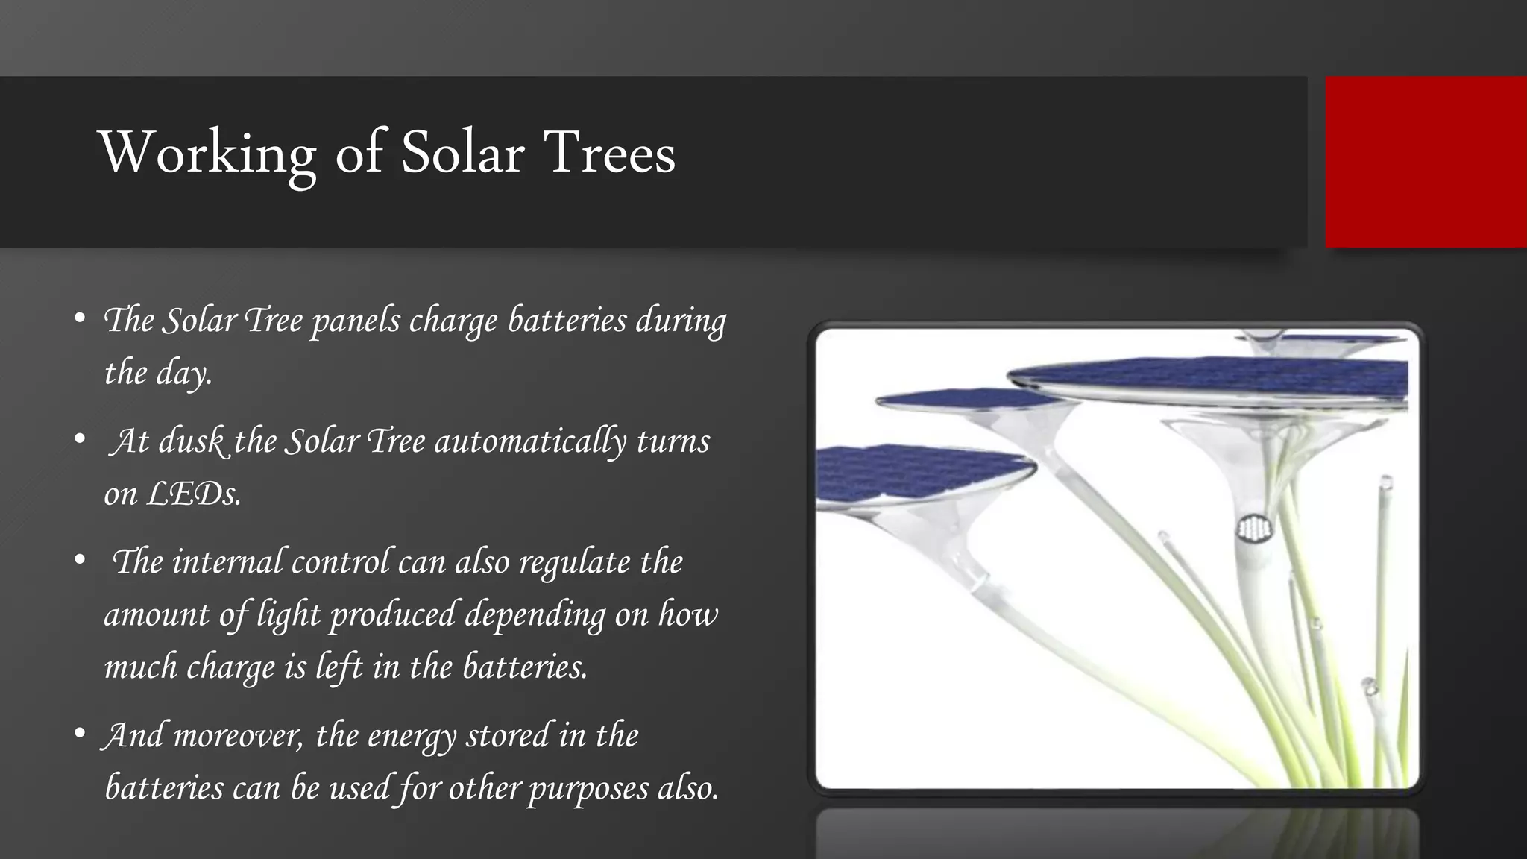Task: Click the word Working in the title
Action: click(208, 154)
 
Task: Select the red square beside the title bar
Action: click(1426, 162)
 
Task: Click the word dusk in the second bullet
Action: click(191, 441)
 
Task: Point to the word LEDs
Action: click(193, 494)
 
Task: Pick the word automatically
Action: click(530, 441)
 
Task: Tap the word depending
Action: click(535, 615)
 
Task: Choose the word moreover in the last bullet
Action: click(238, 736)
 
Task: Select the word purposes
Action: click(588, 788)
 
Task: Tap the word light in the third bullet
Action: click(288, 615)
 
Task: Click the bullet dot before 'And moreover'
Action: click(80, 734)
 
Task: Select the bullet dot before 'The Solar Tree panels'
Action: click(80, 319)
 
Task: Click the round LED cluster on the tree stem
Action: click(1254, 530)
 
